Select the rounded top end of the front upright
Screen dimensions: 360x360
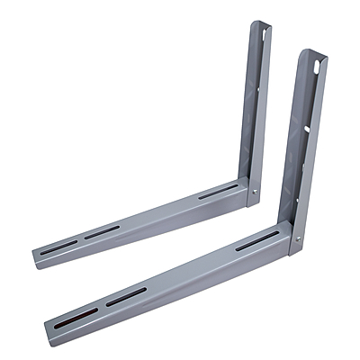(x=312, y=53)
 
